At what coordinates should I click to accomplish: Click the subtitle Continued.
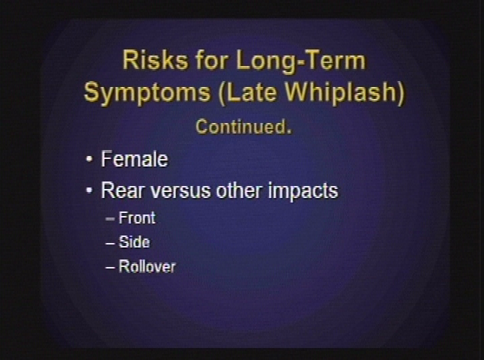[243, 127]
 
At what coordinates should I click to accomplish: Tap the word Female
[135, 159]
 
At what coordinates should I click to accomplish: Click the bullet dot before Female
[89, 160]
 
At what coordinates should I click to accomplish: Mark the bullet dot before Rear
[89, 191]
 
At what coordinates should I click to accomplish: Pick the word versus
[180, 190]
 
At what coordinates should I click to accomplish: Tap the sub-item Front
[137, 218]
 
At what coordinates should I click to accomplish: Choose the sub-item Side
[134, 242]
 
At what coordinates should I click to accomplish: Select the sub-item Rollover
[147, 266]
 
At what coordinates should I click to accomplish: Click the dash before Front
[110, 219]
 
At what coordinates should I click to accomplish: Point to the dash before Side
[110, 243]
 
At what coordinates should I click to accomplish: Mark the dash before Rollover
[110, 267]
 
